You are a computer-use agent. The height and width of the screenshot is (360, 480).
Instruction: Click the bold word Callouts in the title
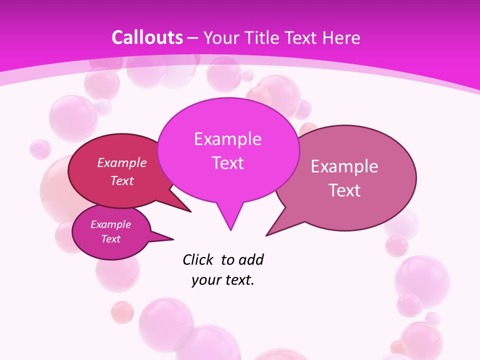click(x=147, y=37)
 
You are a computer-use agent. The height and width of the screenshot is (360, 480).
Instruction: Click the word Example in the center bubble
click(x=227, y=139)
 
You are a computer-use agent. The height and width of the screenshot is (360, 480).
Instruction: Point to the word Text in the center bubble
click(x=227, y=163)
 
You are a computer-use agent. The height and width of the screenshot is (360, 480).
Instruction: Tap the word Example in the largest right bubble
click(x=344, y=166)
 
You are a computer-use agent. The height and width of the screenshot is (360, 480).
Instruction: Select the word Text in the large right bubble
click(x=344, y=190)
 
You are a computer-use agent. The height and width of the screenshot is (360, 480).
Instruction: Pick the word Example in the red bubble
click(x=122, y=163)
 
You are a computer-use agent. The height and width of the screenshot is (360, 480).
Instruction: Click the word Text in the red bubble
click(x=122, y=181)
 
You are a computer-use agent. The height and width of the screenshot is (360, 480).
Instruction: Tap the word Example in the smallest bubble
click(x=111, y=224)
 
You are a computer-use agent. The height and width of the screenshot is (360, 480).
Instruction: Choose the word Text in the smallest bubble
click(x=111, y=239)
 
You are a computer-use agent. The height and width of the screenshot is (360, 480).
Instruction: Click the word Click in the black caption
click(x=198, y=259)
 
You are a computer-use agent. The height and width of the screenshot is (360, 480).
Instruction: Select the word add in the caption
click(x=251, y=259)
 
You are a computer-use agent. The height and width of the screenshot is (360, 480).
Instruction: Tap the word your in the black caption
click(x=205, y=280)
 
